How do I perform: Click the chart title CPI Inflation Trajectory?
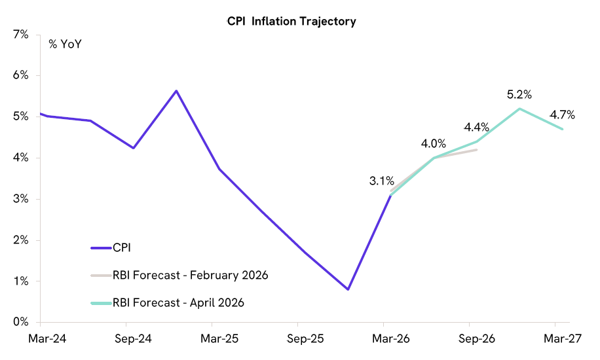click(291, 22)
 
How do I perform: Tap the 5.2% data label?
click(519, 95)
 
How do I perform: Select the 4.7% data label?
click(563, 115)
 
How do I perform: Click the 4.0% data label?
click(433, 143)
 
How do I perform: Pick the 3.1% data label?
click(382, 181)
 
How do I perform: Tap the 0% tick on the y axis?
click(21, 322)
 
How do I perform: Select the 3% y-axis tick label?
click(21, 199)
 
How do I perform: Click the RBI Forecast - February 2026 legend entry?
click(190, 275)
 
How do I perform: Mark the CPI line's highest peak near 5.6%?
click(176, 91)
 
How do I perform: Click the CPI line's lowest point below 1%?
click(348, 289)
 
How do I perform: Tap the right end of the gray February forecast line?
click(476, 150)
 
